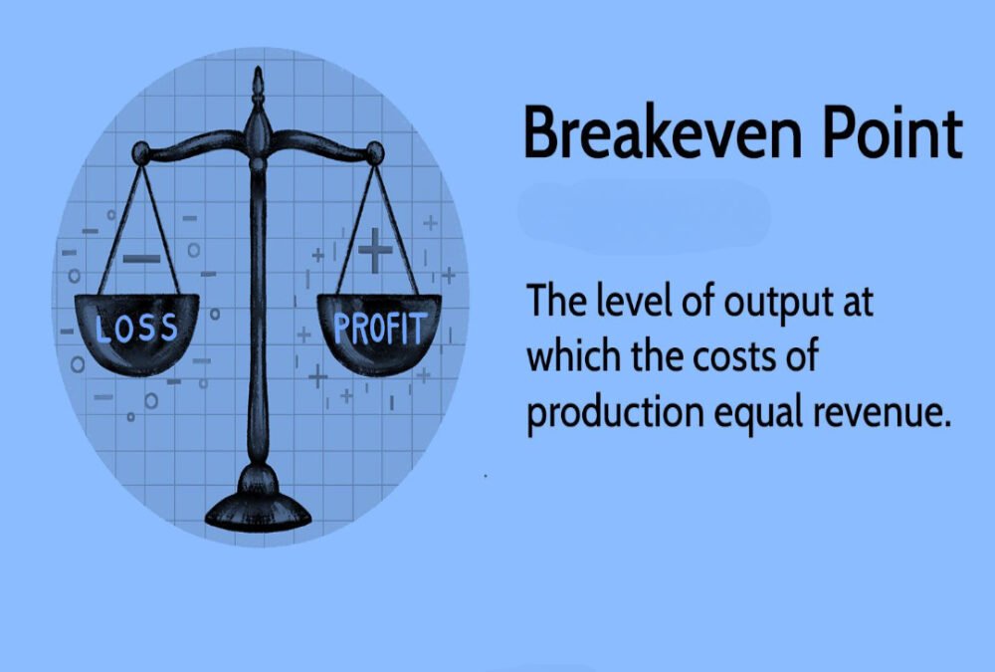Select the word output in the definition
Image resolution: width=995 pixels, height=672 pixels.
[x=764, y=301]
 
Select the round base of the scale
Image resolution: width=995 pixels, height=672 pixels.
[x=259, y=510]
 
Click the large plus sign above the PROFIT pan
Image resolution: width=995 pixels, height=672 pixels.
[x=375, y=250]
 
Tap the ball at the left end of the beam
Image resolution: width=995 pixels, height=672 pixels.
[x=141, y=152]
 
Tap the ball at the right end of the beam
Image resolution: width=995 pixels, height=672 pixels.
[x=374, y=152]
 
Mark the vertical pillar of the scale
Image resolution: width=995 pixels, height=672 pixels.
[x=259, y=329]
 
